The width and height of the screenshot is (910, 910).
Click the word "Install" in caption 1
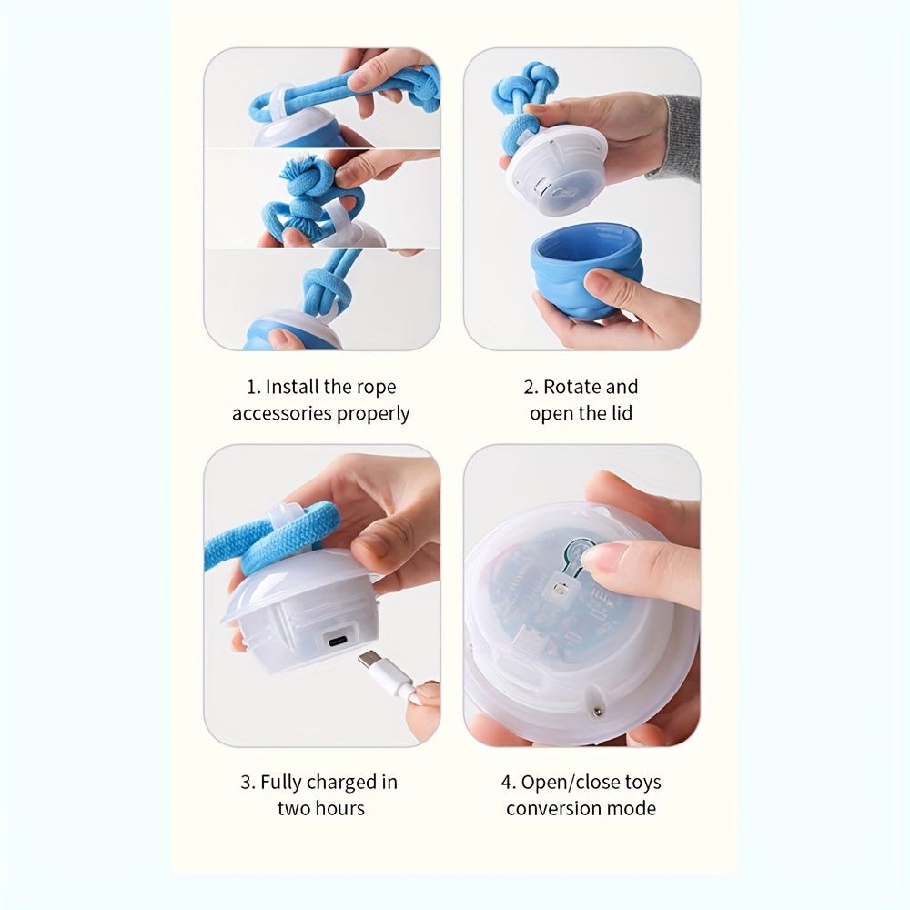292,387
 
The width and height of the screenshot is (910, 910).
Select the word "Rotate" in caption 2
568,387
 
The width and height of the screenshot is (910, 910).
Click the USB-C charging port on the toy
338,642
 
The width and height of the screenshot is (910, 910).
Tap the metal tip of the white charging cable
369,660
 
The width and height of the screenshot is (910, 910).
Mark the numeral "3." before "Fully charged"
248,783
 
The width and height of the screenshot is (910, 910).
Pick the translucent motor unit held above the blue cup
556,173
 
